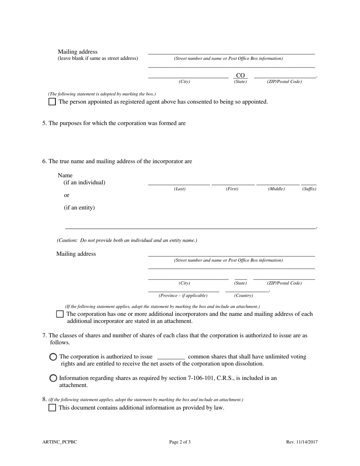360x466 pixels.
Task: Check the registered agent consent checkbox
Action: pos(52,102)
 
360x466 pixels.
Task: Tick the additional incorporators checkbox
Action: pos(59,314)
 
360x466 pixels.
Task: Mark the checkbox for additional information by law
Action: pos(52,408)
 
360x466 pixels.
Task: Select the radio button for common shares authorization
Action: pos(53,357)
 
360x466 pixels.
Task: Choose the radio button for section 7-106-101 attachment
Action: pos(53,378)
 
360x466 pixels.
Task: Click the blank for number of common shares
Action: pos(171,356)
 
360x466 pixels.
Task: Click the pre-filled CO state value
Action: pos(240,75)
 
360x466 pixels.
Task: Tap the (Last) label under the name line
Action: pos(180,189)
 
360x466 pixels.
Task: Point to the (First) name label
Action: pos(232,189)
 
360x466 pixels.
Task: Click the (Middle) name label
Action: pos(276,189)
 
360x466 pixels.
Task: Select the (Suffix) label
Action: pos(309,189)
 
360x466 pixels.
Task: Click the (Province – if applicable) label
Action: pos(183,296)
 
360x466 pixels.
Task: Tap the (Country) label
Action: pos(243,296)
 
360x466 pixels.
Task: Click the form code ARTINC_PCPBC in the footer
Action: pos(60,442)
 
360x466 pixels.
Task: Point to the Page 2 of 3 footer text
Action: pos(180,442)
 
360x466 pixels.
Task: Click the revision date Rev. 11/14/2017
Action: pos(302,442)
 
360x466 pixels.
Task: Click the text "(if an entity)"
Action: pos(79,208)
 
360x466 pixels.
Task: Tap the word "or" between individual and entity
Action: pos(67,195)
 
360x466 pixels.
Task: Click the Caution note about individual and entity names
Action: pos(127,240)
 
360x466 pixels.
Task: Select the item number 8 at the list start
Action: pos(44,399)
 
